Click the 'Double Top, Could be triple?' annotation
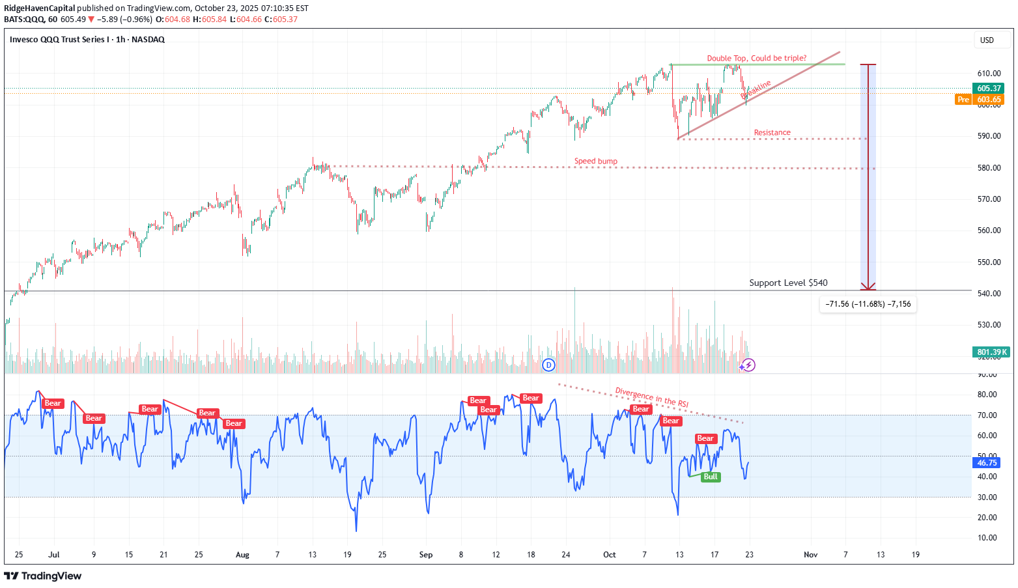(756, 59)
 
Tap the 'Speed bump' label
(595, 161)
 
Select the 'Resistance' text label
(772, 133)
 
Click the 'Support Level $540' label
(788, 283)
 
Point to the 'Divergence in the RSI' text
(651, 397)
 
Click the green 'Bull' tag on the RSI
(711, 477)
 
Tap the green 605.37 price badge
(988, 89)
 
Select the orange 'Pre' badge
(963, 100)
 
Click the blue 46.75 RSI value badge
(987, 463)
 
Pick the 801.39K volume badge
(991, 352)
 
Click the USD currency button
(987, 40)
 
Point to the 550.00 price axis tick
(989, 262)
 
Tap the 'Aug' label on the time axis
(242, 555)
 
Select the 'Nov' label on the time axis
(810, 555)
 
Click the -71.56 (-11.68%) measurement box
(868, 304)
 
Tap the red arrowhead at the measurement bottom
(868, 287)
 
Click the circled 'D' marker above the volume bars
(549, 365)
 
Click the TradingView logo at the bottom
(43, 576)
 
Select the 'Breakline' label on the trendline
(756, 89)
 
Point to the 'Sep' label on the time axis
(426, 555)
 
